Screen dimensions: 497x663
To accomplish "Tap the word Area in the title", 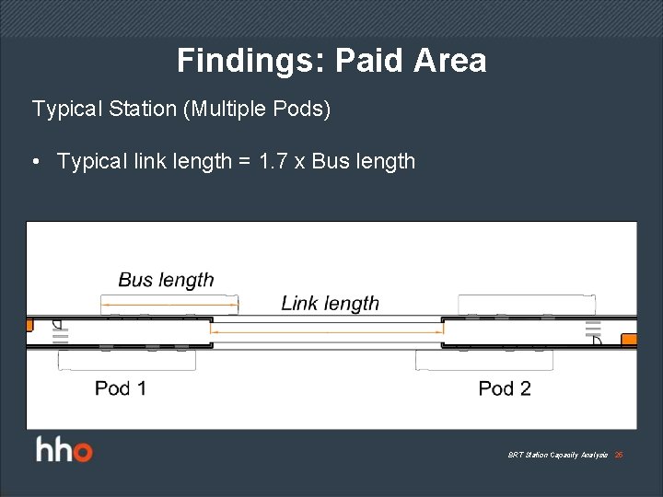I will point(449,61).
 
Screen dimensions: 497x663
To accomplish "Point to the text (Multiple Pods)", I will point(257,109).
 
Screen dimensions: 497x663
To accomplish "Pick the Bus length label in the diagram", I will point(166,280).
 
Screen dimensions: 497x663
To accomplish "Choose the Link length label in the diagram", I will point(330,303).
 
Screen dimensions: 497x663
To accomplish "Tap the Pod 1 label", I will point(120,388).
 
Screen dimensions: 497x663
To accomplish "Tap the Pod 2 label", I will point(505,388).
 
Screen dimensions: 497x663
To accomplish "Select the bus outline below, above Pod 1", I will point(126,360).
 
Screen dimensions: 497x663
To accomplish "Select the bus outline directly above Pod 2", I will point(484,360).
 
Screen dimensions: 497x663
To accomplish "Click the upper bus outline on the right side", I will point(526,304).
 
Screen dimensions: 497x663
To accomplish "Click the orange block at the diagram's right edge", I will point(629,340).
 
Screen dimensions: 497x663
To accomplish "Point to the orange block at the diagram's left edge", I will point(29,325).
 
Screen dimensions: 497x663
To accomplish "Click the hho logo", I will point(64,451).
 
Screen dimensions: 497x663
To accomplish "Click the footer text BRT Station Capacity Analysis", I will point(557,456).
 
